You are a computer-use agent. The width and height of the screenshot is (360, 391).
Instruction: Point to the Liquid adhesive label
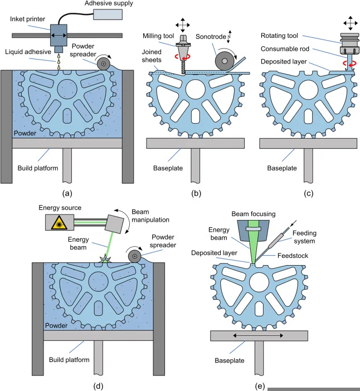coord(26,52)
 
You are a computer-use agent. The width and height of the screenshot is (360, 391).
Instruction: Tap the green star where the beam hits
coord(88,258)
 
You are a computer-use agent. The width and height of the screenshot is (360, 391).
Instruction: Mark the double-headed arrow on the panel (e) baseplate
coord(259,336)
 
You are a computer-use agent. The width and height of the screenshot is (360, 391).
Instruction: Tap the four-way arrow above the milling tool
coord(182,12)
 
